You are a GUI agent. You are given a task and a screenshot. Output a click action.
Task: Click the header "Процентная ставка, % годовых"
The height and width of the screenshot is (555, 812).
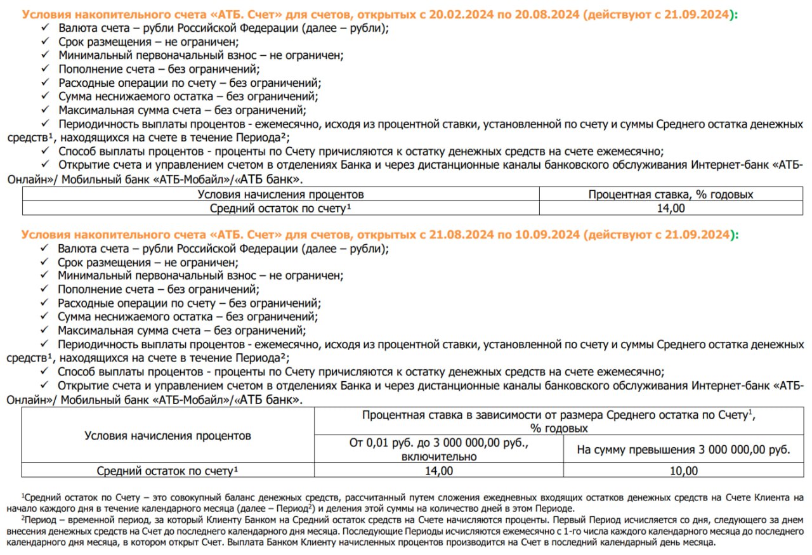tap(671, 194)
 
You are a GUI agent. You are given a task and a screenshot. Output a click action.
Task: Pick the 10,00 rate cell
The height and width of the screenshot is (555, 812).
tap(683, 471)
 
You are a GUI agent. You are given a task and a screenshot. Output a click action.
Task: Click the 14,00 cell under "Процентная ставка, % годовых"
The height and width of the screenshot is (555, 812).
tap(671, 208)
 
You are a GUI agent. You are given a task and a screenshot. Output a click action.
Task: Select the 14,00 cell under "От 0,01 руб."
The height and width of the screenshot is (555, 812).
tap(438, 471)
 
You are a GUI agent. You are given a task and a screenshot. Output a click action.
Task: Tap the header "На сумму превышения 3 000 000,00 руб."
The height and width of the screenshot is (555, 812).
tap(683, 450)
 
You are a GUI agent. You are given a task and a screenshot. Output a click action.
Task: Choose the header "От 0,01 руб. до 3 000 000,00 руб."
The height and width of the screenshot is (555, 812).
tap(438, 443)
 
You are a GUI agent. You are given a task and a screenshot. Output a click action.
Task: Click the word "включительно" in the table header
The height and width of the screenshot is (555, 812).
tap(438, 456)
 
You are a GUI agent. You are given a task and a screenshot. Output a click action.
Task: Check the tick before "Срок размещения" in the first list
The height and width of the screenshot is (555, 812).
tap(45, 42)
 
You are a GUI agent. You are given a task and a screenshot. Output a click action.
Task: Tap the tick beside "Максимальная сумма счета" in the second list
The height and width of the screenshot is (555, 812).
tap(44, 330)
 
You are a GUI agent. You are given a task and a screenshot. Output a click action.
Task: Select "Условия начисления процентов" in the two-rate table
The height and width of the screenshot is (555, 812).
tap(168, 436)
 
